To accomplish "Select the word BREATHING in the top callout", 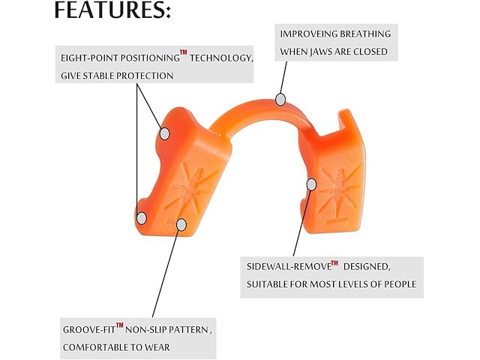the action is pos(365,34).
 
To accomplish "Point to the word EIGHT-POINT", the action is pos(88,58).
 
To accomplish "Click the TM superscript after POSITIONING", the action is pos(183,52).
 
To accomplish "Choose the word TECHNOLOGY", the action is pos(221,58).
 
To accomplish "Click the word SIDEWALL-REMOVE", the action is pos(289,267).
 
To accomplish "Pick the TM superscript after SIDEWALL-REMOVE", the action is pos(334,263).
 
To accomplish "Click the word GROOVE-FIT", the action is pos(89,330).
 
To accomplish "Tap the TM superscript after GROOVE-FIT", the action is pos(120,325).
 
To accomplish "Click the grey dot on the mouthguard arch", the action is pos(280,100).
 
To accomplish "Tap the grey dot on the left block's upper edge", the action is pos(165,133).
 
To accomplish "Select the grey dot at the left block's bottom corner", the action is pos(142,218).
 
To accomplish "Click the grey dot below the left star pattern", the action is pos(181,225).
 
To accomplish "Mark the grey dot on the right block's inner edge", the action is pos(311,184).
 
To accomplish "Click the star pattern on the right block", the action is pos(339,190).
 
